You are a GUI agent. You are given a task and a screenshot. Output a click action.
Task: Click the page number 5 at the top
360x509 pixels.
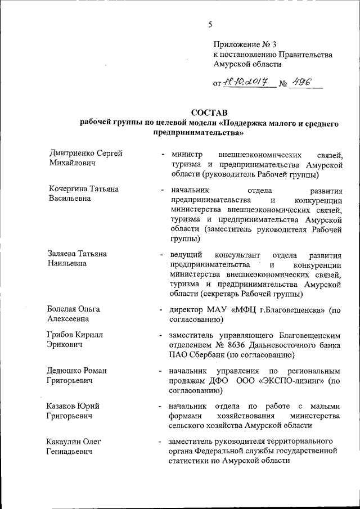click(210, 24)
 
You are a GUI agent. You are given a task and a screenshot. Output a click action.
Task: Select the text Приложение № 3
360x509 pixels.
click(245, 44)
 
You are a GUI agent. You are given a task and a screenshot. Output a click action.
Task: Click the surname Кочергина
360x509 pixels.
click(69, 190)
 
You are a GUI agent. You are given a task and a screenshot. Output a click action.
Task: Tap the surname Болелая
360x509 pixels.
click(64, 310)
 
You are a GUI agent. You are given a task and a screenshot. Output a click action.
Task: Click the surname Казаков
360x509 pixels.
click(64, 406)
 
